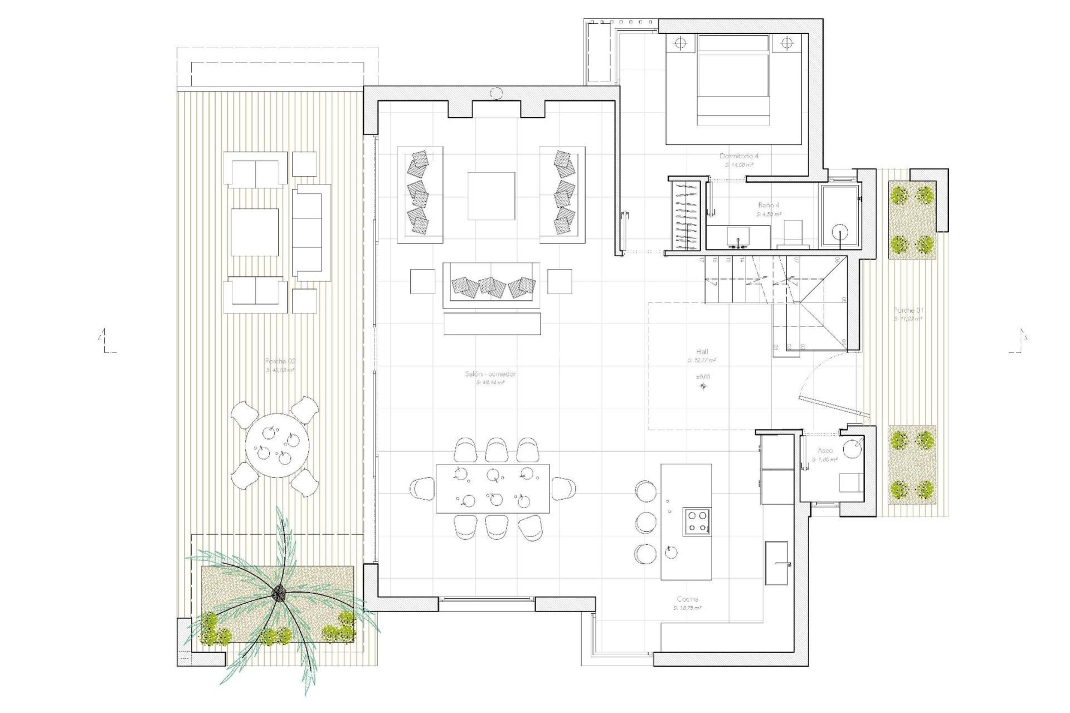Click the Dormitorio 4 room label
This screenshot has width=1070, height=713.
coord(739,156)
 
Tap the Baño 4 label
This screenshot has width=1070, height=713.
coord(769,205)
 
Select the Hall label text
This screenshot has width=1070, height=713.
coord(702,352)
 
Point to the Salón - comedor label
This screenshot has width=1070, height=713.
coord(490,374)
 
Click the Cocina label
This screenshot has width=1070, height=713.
coord(687,599)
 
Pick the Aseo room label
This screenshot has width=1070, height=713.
coord(825,450)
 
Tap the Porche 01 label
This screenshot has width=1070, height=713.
coord(908,310)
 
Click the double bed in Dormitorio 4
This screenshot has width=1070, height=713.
coord(733,80)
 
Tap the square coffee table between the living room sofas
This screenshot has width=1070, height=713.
coord(491,196)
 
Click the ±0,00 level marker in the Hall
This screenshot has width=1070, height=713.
coord(703,385)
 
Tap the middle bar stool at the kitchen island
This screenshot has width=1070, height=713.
coord(646,522)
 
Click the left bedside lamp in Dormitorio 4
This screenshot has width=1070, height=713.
coord(680,43)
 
